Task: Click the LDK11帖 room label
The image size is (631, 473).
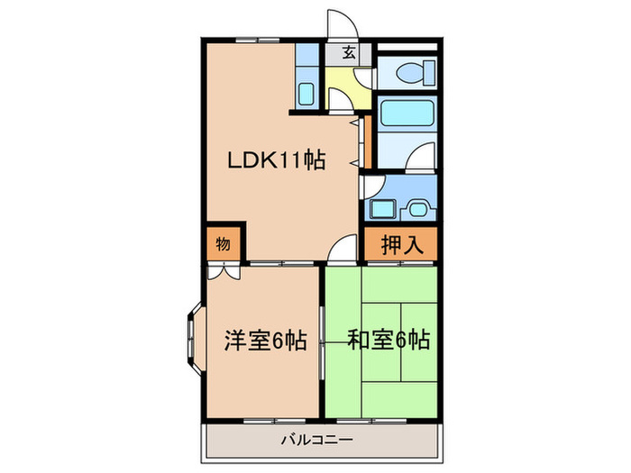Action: coord(275,161)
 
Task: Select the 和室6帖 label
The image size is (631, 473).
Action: coord(389,341)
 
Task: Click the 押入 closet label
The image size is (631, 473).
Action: coord(401,243)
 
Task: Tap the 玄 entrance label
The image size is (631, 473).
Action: coord(348,52)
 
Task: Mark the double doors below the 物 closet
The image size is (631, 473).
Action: coord(222,270)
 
